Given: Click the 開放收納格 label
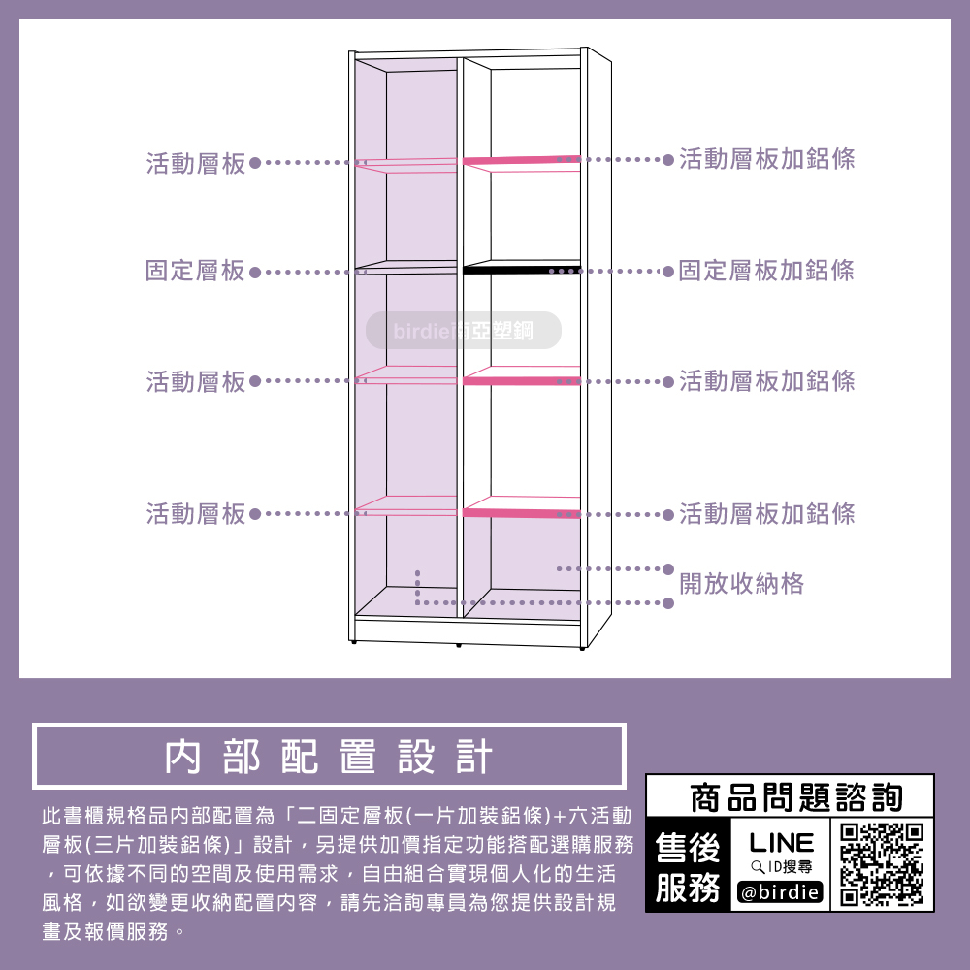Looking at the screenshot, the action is [x=741, y=583].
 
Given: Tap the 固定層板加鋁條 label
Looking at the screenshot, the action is [x=766, y=271].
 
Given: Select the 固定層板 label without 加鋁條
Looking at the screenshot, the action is [x=195, y=271].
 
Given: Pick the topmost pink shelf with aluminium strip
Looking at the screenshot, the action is [x=521, y=159].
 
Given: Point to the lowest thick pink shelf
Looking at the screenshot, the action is [x=521, y=511].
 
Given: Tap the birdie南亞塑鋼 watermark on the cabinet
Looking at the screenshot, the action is [x=464, y=331].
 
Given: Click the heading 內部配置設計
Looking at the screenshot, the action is [x=329, y=757].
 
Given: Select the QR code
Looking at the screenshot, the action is [x=881, y=863].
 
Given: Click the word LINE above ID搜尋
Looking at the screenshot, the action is [x=781, y=840].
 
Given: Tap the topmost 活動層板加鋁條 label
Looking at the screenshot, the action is [x=767, y=159].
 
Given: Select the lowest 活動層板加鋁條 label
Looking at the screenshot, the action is [x=767, y=513].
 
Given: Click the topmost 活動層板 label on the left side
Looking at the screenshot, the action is [x=196, y=164].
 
